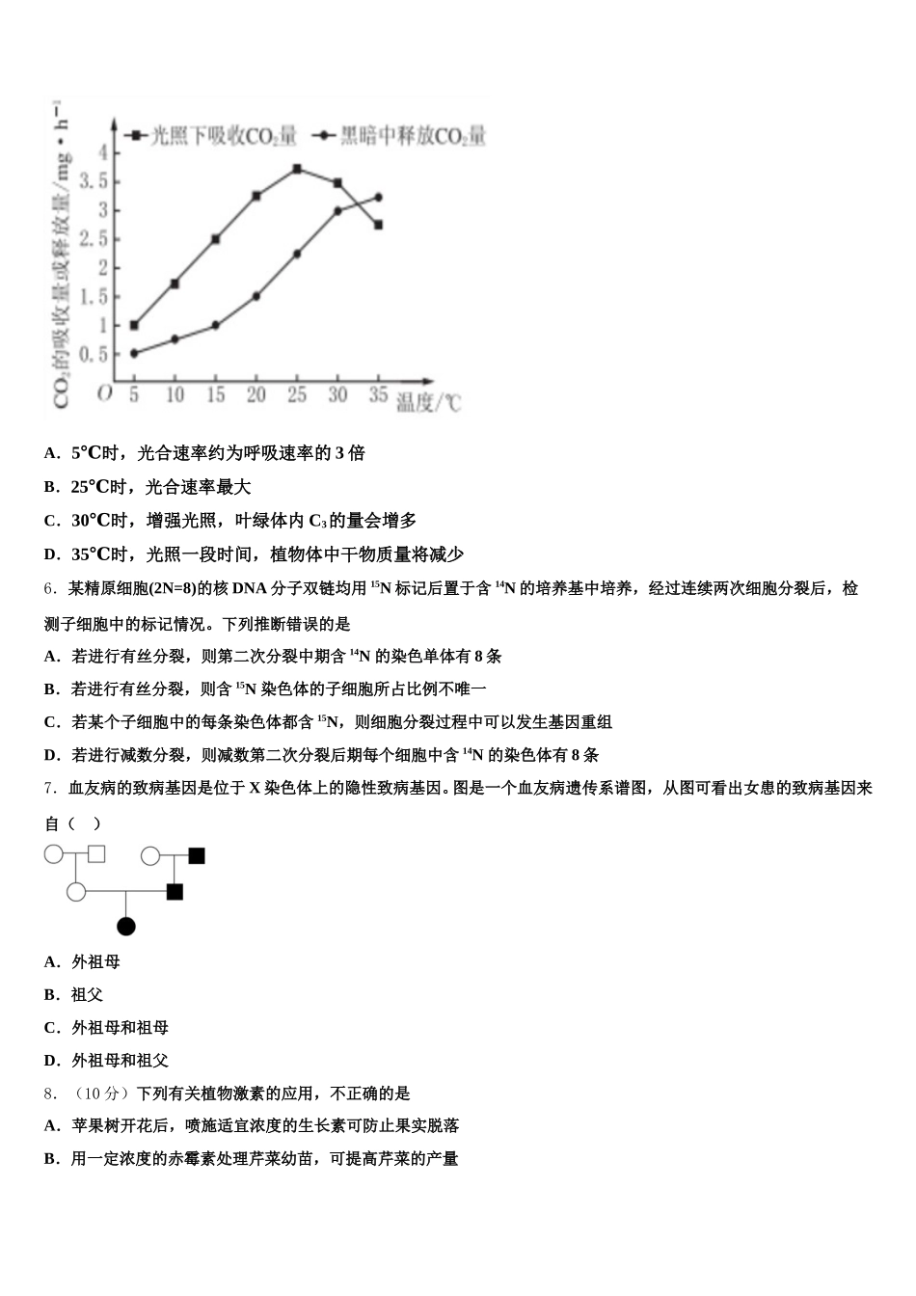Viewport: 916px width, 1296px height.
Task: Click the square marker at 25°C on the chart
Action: click(297, 169)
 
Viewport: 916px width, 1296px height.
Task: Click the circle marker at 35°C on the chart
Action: click(378, 197)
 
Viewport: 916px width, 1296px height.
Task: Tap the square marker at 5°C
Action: click(134, 325)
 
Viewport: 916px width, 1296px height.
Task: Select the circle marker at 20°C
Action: click(256, 296)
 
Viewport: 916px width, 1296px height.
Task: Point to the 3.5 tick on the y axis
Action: click(94, 181)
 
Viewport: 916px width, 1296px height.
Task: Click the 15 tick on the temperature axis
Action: click(215, 394)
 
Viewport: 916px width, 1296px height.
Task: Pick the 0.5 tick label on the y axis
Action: click(94, 354)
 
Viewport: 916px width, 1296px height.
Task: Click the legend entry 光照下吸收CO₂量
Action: click(212, 136)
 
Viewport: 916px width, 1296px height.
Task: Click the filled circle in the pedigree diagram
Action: click(126, 927)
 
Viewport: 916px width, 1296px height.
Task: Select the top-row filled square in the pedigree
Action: click(197, 855)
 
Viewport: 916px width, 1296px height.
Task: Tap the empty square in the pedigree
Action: click(96, 854)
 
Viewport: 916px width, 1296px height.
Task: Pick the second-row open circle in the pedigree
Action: click(76, 892)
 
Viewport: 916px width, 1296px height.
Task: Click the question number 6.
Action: click(48, 588)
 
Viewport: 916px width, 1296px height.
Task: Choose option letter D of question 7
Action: click(51, 1061)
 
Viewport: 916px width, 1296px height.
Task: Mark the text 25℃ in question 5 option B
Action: click(90, 487)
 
